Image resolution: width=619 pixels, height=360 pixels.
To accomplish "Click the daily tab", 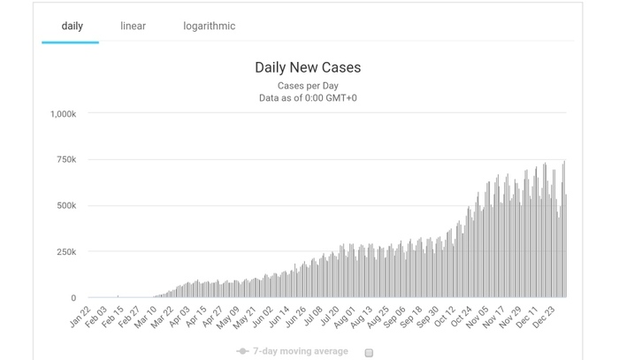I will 72,26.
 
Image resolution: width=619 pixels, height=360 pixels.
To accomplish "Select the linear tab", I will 133,26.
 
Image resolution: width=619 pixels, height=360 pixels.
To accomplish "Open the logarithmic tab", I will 209,26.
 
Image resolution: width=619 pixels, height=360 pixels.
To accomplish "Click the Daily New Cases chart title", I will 308,67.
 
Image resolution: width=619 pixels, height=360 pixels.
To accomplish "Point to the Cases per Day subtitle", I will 308,85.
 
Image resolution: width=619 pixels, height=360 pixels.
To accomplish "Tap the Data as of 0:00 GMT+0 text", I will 308,98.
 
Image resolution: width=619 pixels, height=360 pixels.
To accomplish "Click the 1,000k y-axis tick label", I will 63,113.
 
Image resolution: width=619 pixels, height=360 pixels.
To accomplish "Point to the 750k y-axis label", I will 67,159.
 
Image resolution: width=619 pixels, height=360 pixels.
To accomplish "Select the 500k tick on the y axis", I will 67,205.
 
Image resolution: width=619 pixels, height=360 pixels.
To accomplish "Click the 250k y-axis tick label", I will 67,252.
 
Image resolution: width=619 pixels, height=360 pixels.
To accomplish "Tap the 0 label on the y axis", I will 73,298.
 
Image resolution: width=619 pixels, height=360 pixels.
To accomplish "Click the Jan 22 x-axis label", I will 80,316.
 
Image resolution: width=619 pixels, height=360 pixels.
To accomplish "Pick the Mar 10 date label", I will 145,316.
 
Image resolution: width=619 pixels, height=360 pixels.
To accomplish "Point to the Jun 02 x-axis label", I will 263,316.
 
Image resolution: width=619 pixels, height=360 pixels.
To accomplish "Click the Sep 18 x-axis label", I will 412,316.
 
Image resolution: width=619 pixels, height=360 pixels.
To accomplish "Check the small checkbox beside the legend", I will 369,352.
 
